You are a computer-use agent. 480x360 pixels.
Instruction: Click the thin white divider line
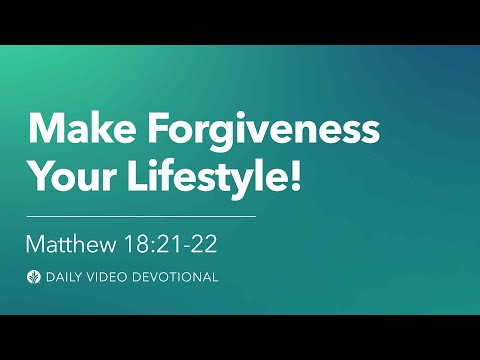141,215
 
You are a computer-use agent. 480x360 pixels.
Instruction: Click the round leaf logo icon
35,277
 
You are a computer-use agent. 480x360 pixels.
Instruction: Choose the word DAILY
66,277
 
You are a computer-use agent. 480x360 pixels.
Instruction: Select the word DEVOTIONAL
178,277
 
